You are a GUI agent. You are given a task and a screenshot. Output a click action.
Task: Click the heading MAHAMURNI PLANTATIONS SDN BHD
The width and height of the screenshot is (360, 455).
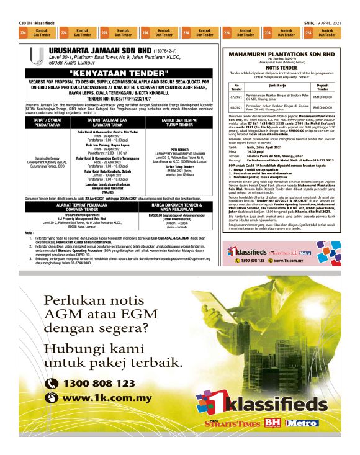[282, 54]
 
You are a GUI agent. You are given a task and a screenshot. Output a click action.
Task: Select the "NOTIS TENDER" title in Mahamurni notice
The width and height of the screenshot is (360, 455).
[282, 67]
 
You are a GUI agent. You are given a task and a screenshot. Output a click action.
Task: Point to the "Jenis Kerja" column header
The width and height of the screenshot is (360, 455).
[274, 85]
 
